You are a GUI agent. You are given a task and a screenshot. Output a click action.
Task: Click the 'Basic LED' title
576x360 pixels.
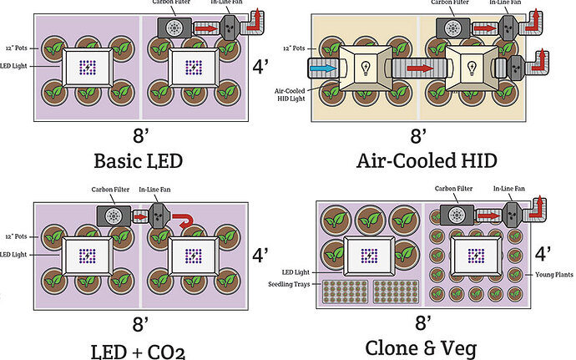pos(139,160)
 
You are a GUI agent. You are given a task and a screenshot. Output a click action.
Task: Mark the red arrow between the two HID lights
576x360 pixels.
pos(420,66)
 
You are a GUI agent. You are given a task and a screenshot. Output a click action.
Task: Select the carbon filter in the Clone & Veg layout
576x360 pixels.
pos(457,214)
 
